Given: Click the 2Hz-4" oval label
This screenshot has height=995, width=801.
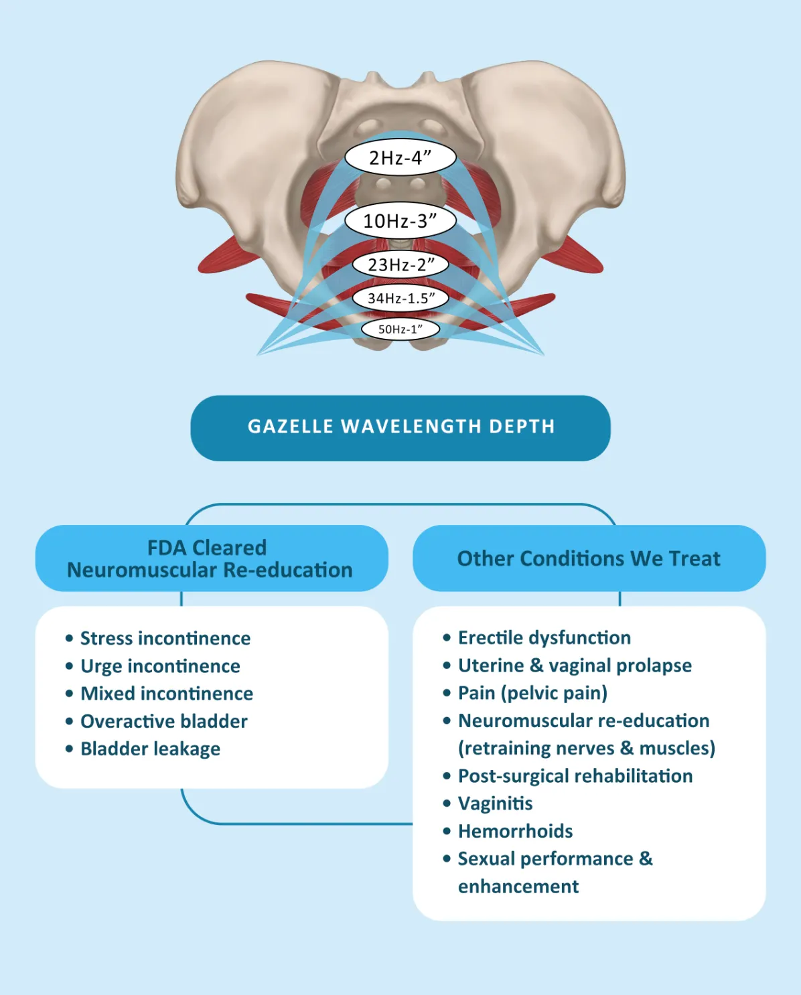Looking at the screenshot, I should [401, 158].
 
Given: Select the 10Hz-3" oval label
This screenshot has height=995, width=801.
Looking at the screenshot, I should [401, 221].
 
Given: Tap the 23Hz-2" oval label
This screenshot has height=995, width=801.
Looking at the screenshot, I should [401, 264].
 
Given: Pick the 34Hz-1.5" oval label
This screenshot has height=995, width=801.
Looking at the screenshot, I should [401, 298].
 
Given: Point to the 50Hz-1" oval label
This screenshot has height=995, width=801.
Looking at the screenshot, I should [401, 329].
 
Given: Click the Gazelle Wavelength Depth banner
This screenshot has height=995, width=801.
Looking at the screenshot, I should [401, 427].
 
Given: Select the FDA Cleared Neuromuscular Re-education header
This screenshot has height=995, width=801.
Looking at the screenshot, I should [210, 558].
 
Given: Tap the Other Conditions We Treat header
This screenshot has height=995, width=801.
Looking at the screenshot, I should [589, 558].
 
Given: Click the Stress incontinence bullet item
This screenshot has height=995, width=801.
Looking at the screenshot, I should [165, 638].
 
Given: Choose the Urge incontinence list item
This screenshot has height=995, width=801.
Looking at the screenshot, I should [160, 666].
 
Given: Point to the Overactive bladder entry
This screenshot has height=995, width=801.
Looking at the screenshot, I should [164, 721].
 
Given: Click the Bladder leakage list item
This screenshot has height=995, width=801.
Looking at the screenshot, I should [150, 749].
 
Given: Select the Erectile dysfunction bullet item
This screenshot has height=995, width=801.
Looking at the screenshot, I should [544, 637].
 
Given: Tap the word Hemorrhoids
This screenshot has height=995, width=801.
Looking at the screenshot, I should [515, 831].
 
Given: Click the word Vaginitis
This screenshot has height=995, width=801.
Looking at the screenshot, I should [495, 803].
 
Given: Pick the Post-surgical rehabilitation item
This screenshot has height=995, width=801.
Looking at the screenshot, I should [575, 776].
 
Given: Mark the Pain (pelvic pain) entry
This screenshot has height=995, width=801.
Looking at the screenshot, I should [532, 693].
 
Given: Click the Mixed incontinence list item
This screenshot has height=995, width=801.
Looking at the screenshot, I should [167, 694].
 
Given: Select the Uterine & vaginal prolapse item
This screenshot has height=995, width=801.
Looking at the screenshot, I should [575, 666].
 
